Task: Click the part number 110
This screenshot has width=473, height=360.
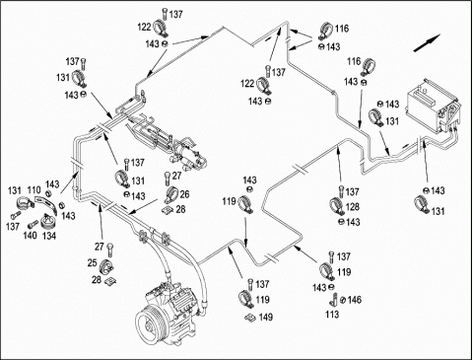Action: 34,190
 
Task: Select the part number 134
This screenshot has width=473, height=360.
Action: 49,236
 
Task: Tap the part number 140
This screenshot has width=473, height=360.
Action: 30,236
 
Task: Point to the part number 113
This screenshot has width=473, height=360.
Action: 332,315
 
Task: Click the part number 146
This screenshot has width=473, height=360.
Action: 354,300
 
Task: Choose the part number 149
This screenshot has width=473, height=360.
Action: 266,317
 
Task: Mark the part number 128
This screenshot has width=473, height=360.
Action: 353,206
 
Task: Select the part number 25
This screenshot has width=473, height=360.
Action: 93,262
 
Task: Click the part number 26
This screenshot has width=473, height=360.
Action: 184,194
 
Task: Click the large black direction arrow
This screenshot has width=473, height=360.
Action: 427,42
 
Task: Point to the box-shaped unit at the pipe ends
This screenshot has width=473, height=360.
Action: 432,106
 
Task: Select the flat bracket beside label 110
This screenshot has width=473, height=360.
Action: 45,203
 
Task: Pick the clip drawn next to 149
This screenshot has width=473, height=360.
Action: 250,318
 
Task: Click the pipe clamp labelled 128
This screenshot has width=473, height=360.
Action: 336,206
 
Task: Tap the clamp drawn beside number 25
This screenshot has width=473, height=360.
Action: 105,266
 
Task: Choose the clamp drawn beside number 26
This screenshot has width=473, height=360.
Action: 171,194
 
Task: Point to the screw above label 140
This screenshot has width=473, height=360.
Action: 33,225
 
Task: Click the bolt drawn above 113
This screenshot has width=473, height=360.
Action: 335,298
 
